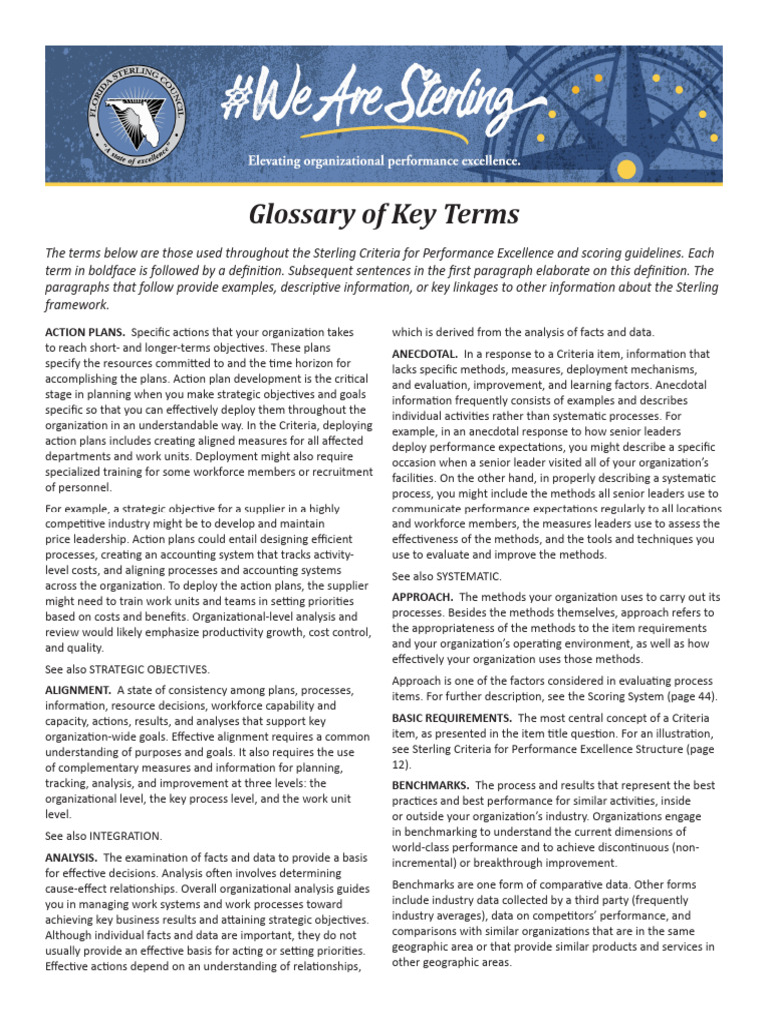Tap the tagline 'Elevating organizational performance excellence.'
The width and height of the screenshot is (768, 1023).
point(384,161)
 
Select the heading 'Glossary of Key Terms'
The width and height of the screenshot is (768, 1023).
point(383,214)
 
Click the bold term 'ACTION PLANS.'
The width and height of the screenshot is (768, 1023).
point(85,331)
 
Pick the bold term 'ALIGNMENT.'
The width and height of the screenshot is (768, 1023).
point(78,690)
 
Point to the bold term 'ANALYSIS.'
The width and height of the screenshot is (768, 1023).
point(71,858)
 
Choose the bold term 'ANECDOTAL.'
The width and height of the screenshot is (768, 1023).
point(425,354)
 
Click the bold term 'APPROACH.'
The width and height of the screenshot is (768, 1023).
point(424,597)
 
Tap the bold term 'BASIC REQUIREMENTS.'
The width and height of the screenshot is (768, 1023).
point(452,718)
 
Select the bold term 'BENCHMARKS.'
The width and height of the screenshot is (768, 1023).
point(431,786)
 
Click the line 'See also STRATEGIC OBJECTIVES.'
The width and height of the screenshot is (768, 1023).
point(127,668)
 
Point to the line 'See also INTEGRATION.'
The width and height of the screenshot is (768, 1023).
point(103,835)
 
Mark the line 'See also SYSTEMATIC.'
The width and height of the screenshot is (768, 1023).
point(446,576)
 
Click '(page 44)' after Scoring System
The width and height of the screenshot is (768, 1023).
point(689,696)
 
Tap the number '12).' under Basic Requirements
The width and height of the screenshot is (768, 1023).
point(401,764)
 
